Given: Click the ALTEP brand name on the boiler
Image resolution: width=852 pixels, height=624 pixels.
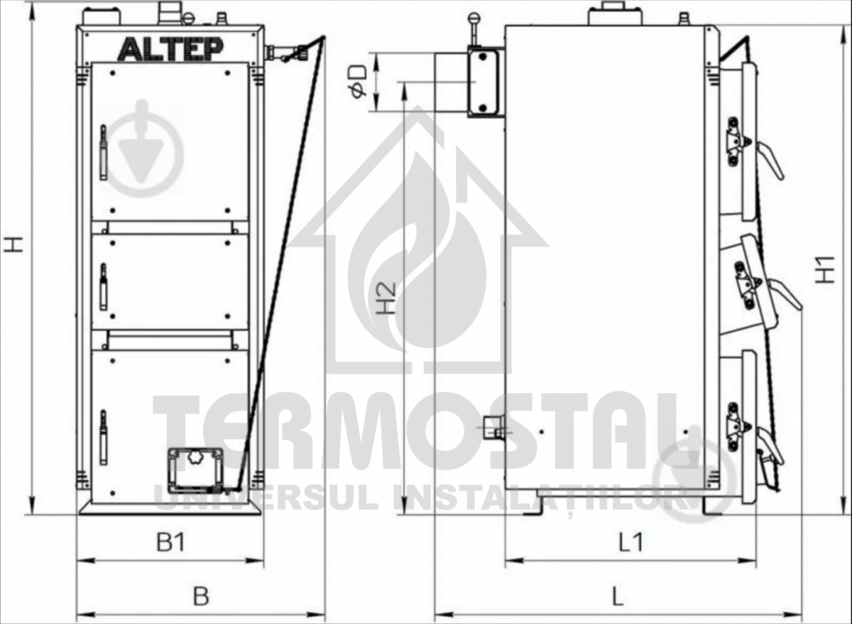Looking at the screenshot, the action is point(170,50).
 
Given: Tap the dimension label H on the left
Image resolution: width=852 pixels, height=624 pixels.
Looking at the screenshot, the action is point(14,244).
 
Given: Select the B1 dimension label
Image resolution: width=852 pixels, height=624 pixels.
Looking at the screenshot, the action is point(171,542).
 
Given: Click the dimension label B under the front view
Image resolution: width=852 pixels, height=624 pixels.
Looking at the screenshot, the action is point(201,596).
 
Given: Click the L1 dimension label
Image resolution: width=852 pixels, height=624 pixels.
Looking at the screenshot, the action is point(630,542).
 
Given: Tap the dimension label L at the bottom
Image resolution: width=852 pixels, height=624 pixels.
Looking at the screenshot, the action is point(618,596).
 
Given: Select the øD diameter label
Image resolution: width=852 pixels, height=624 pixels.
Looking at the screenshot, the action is point(358,82).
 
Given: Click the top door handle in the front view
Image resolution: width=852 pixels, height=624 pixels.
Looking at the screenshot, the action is point(103,152).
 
